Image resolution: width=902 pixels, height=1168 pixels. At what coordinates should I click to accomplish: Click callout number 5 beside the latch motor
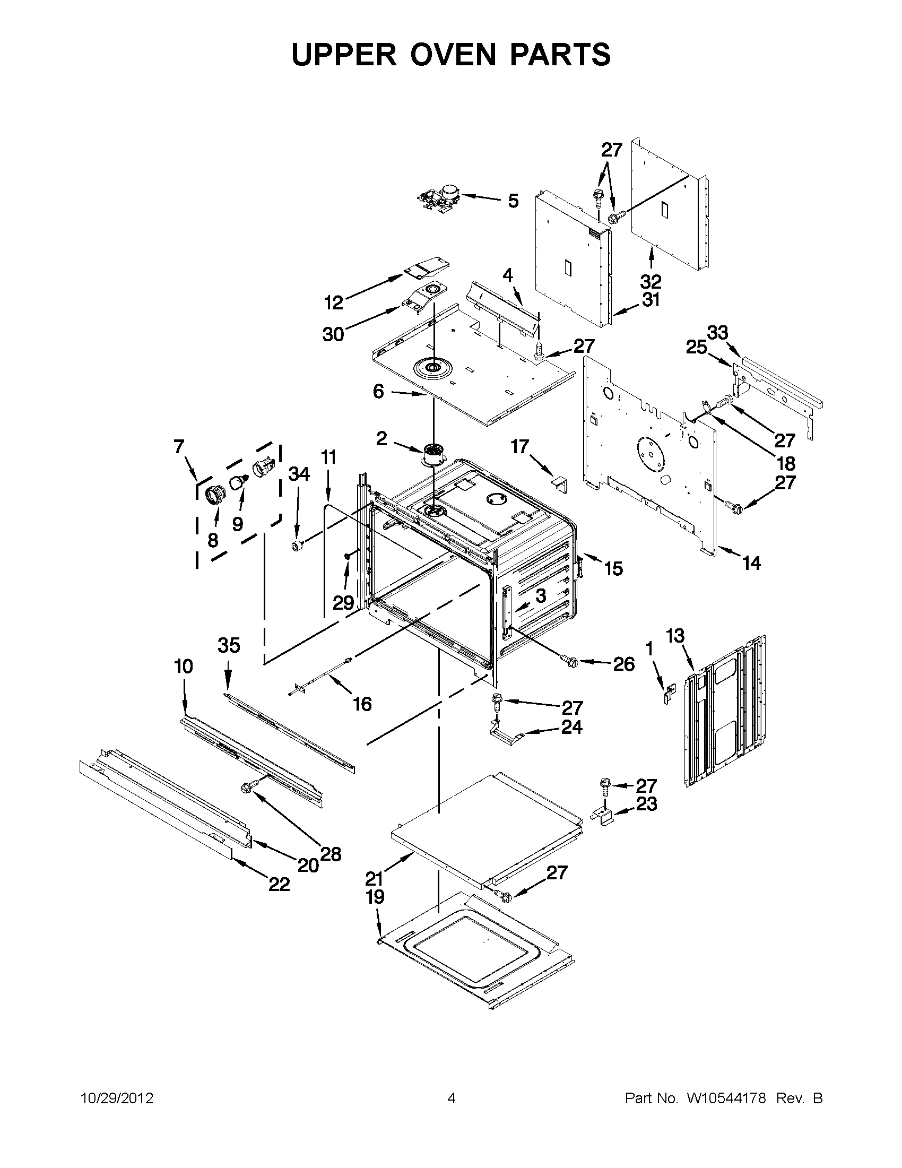[x=513, y=201]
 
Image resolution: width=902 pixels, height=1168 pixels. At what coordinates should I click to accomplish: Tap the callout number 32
[x=650, y=281]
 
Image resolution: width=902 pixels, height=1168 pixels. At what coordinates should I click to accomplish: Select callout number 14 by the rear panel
[x=751, y=563]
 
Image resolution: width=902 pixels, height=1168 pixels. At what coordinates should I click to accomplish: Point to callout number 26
[x=623, y=664]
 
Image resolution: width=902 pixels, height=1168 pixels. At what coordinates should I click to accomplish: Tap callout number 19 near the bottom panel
[x=375, y=897]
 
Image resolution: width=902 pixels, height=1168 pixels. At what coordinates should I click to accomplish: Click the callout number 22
[x=279, y=884]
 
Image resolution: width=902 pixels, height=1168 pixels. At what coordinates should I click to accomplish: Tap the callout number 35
[x=228, y=645]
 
